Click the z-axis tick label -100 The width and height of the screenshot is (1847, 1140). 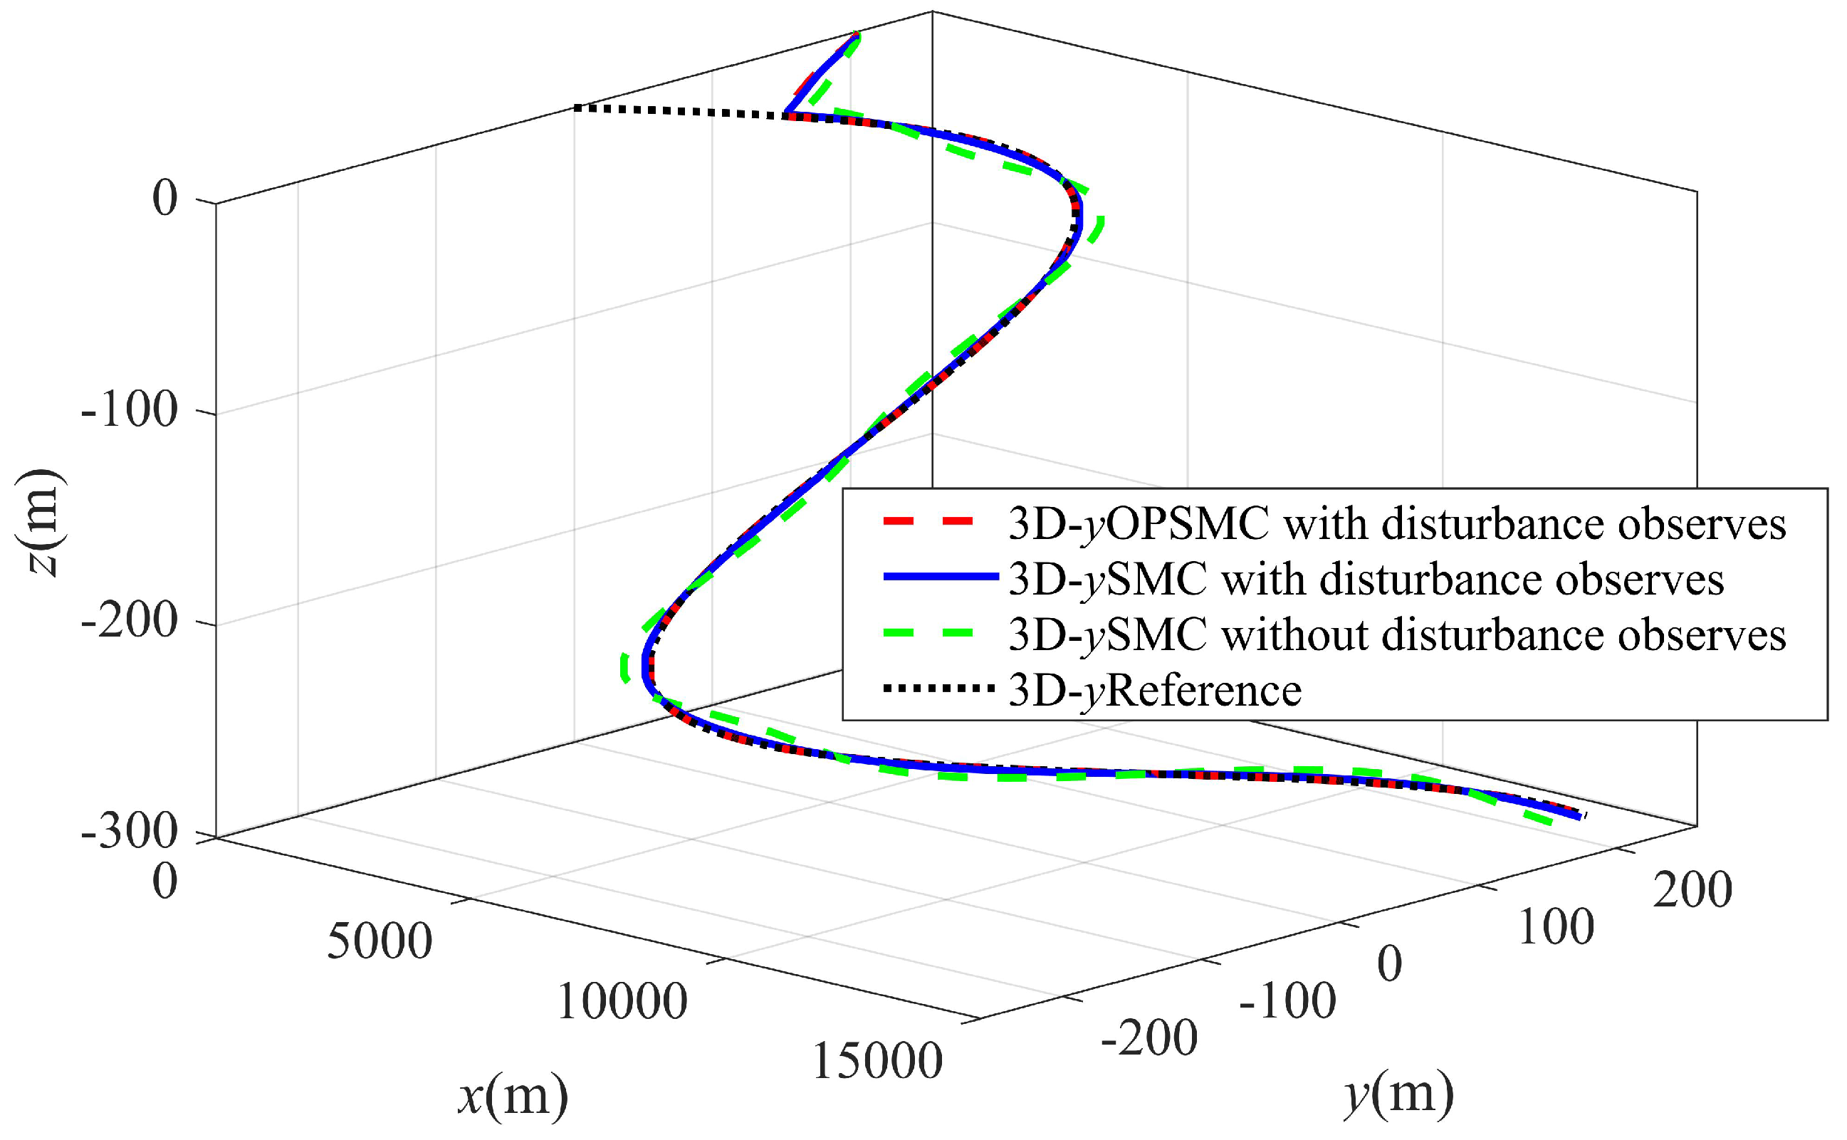click(x=129, y=411)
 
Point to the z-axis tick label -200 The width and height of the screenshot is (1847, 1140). click(x=129, y=622)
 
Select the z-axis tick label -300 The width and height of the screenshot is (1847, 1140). click(x=129, y=832)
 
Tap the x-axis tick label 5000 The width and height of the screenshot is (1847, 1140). click(x=380, y=942)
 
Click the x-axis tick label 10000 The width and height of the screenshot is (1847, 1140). click(x=622, y=1003)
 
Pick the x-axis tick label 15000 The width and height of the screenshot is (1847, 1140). click(x=877, y=1063)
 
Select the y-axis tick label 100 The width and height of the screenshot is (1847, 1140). click(x=1556, y=927)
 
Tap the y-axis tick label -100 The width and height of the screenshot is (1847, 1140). click(x=1287, y=1002)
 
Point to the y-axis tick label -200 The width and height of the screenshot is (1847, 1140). click(x=1149, y=1039)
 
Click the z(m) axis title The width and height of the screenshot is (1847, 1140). click(x=39, y=523)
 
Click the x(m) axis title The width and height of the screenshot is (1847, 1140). click(x=513, y=1097)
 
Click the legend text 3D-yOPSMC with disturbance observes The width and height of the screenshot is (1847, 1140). click(x=1397, y=524)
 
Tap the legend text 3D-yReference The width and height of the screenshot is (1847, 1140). click(x=1154, y=691)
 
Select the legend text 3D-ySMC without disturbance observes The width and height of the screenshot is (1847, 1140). click(x=1397, y=635)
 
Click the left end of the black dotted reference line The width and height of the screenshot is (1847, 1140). click(x=576, y=108)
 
